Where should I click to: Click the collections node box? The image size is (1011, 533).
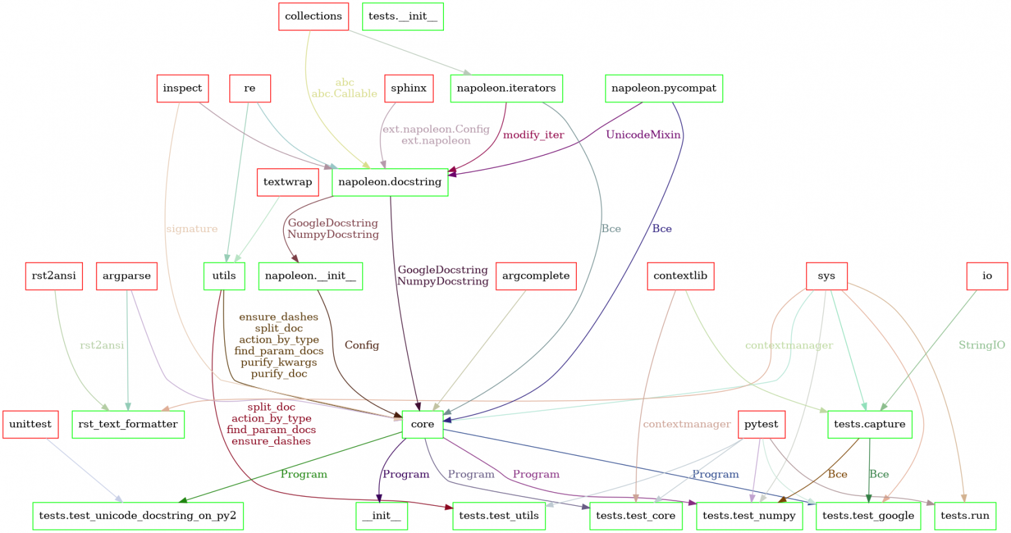[314, 16]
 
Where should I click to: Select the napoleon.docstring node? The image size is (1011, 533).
[389, 182]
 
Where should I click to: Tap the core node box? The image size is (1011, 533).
[423, 424]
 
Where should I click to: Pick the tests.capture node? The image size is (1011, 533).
[869, 424]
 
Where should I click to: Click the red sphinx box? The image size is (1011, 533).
[409, 88]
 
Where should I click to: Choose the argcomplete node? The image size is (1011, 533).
[536, 276]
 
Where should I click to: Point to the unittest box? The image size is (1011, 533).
[30, 424]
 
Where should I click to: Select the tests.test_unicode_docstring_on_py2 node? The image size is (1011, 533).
[137, 515]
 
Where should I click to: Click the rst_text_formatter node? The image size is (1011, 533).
[128, 424]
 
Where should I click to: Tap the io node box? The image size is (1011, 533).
[987, 276]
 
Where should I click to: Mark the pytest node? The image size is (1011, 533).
[761, 424]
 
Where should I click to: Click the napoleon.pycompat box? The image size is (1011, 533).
[664, 88]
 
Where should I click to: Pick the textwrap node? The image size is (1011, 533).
[288, 182]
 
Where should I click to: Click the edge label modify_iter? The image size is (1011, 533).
[533, 135]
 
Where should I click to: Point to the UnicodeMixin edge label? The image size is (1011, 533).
[643, 135]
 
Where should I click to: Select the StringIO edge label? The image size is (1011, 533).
[982, 345]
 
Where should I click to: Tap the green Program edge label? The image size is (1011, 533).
[304, 474]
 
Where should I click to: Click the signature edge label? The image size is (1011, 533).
[192, 229]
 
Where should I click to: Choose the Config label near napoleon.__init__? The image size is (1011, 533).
[362, 345]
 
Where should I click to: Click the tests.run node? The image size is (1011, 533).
[965, 515]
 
